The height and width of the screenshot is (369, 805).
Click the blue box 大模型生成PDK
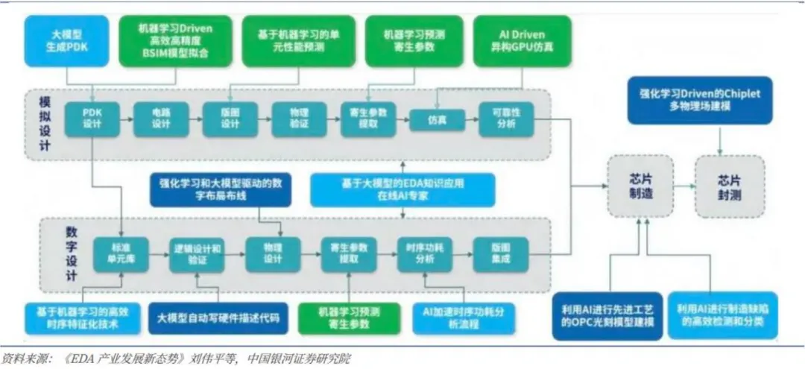[x=66, y=40]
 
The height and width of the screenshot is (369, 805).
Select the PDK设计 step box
[x=92, y=118]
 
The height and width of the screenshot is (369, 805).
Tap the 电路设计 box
[x=161, y=118]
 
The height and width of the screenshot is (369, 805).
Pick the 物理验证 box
[x=299, y=118]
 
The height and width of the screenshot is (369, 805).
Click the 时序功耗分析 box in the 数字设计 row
[x=423, y=254]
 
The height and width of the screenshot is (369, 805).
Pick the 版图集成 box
[x=500, y=254]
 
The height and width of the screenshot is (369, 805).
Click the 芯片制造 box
[x=640, y=186]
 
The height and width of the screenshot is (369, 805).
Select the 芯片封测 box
[x=730, y=186]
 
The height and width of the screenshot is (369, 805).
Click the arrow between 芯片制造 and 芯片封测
[x=684, y=186]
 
